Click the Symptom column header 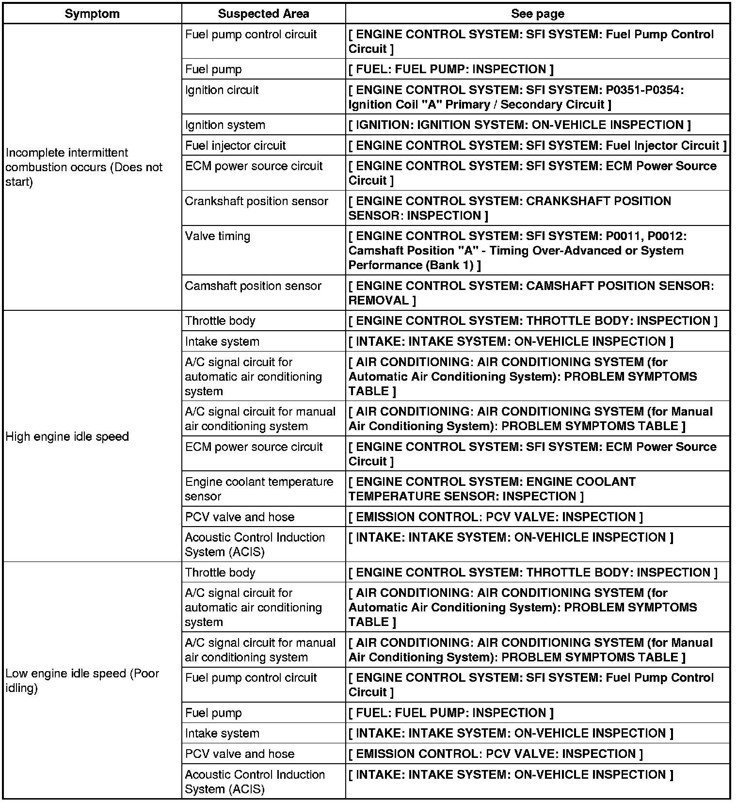click(92, 14)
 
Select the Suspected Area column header click(263, 14)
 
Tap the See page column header click(537, 14)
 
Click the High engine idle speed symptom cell click(67, 436)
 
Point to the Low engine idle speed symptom click(82, 680)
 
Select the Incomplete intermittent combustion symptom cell click(84, 167)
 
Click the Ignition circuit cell click(222, 90)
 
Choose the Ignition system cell click(225, 125)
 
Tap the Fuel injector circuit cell click(236, 145)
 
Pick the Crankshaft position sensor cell click(256, 201)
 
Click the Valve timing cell click(218, 236)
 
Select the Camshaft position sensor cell click(253, 286)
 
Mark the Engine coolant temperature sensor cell click(259, 489)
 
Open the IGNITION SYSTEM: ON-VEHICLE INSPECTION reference click(519, 125)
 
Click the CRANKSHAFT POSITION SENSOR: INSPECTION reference click(510, 208)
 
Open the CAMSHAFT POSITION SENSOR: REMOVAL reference click(531, 293)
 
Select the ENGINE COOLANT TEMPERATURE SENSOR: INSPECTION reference click(492, 489)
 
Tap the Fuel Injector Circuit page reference click(537, 145)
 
